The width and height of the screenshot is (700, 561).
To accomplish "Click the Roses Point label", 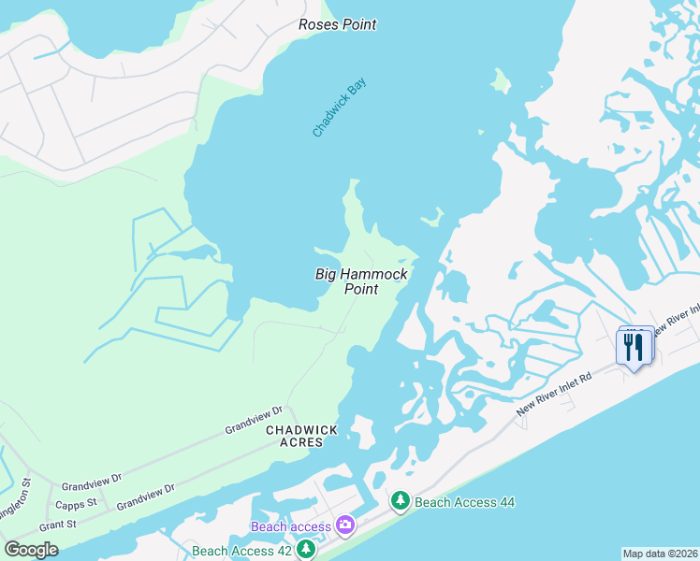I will (x=337, y=24).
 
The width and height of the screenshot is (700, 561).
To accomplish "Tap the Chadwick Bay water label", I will (x=340, y=108).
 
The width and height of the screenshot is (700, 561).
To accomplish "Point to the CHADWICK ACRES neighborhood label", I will (x=301, y=436).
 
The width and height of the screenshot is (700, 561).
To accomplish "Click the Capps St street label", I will (x=79, y=503).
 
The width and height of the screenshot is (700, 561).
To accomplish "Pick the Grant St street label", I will (x=58, y=525).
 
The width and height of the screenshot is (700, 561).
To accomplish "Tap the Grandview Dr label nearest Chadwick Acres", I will (x=253, y=420).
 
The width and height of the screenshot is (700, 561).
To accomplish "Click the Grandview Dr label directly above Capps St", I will (x=92, y=482).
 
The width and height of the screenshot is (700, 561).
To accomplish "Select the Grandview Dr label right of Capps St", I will (x=145, y=496).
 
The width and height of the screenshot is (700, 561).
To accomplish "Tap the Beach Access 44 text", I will (x=464, y=502).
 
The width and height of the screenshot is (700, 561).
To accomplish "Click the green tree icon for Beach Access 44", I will (x=401, y=502).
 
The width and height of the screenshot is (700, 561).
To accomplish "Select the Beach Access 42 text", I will (x=241, y=551).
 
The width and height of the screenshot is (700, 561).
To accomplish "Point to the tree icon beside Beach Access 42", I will (x=305, y=551).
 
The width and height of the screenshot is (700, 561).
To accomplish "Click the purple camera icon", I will (x=344, y=526).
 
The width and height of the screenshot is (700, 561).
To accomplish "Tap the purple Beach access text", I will (x=291, y=526).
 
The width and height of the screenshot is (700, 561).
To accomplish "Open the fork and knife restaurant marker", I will (x=634, y=348).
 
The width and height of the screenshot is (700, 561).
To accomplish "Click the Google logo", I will (x=31, y=550).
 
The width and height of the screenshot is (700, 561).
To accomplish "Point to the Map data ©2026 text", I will (x=661, y=554).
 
